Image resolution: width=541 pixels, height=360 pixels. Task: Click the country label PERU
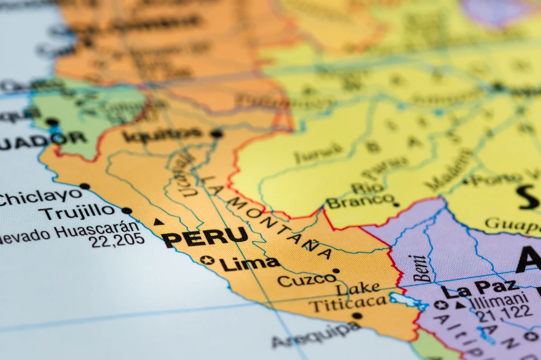[205, 237]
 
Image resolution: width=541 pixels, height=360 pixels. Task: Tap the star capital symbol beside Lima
[207, 260]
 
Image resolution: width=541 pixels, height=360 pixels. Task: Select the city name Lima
[249, 263]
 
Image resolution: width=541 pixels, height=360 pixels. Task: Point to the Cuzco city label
[307, 280]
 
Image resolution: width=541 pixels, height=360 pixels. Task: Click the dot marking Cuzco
[336, 271]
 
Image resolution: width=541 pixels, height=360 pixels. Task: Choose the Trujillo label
[77, 211]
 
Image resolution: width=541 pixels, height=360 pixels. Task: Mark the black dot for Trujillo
[127, 210]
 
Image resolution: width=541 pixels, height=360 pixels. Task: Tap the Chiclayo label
[41, 197]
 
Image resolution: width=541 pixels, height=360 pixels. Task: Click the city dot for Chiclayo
[84, 186]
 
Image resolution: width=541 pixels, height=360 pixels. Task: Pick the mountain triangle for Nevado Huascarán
[158, 222]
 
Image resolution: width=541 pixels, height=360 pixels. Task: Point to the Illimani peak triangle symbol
[460, 305]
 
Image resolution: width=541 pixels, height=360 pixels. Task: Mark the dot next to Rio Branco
[396, 204]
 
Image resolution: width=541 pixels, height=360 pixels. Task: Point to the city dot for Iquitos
[217, 133]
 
